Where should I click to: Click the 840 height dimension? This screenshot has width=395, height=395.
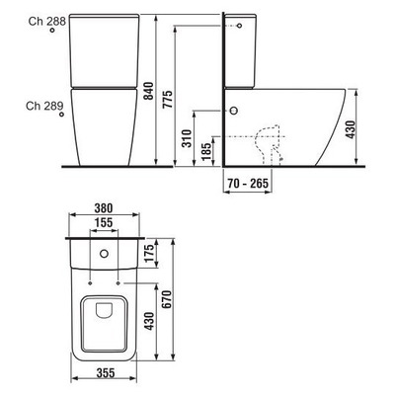point(148,91)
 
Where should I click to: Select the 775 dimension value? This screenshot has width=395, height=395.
point(168,100)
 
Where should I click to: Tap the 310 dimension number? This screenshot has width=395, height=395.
point(187,138)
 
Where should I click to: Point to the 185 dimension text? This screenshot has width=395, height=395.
point(206,151)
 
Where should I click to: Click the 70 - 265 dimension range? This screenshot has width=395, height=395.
point(248,183)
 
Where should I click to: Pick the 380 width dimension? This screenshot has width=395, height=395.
point(104,208)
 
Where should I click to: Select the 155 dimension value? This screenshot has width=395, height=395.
point(104,222)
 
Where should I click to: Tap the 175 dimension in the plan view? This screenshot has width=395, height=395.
point(149,253)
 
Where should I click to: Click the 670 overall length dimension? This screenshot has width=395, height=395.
point(167,299)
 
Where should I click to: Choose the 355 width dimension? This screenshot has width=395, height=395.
point(106,372)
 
